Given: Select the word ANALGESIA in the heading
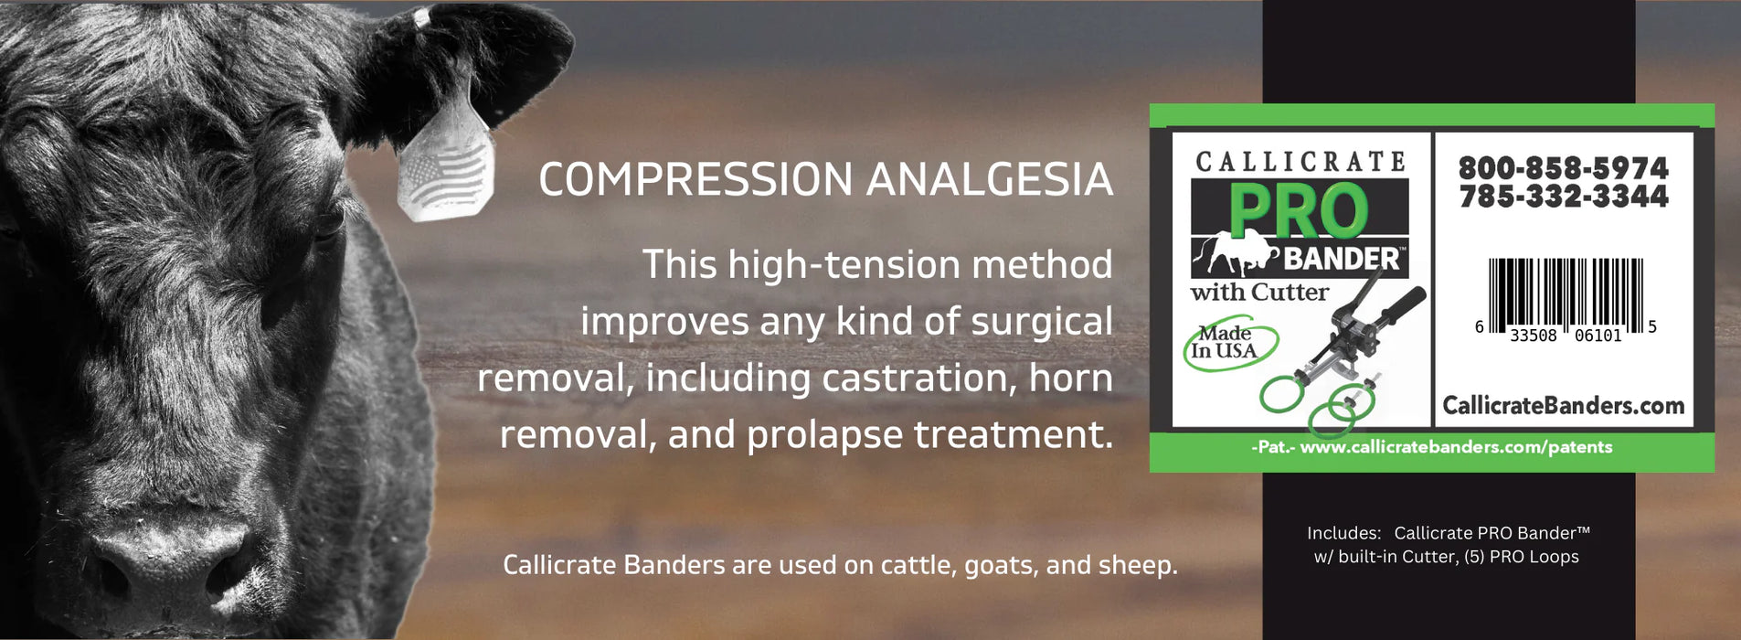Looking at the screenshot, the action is click(990, 179).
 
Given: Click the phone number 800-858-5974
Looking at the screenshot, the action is click(1563, 168).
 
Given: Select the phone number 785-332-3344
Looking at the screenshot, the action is click(1563, 197).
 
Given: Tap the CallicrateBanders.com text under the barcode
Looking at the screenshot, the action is click(1563, 405).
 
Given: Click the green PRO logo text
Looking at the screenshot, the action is click(1298, 212).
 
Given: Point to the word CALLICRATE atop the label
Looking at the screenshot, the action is click(1300, 162).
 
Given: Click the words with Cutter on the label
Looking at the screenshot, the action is click(1259, 293).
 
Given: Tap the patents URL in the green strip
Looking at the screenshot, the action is click(1456, 447).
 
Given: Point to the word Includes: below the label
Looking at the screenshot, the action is click(1343, 533).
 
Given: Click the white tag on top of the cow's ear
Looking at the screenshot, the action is click(421, 17).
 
